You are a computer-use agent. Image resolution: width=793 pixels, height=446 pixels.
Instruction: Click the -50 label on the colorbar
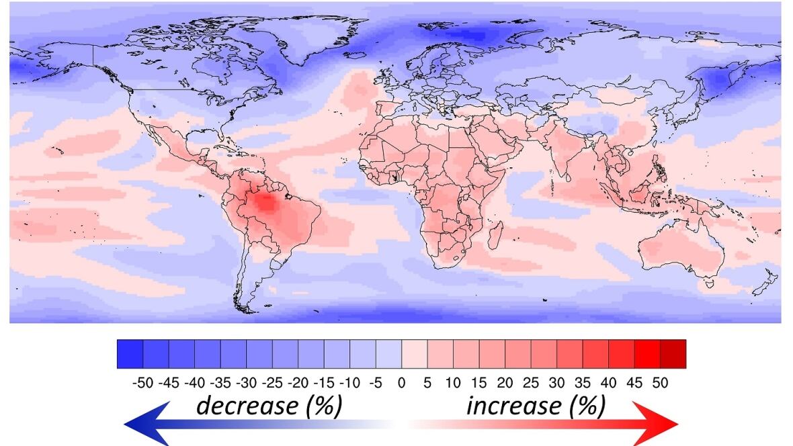tap(142, 383)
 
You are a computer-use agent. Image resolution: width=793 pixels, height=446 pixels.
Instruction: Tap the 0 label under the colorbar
tap(402, 383)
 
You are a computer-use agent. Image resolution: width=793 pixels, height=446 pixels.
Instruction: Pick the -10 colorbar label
tap(349, 383)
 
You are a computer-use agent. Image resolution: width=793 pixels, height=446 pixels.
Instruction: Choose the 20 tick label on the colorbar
tap(505, 383)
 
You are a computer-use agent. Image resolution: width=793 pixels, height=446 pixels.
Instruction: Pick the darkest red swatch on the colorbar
tap(673, 353)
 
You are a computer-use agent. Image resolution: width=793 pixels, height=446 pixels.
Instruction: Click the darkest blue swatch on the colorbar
tap(130, 353)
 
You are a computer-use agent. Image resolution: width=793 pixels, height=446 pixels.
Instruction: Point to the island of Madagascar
tap(496, 236)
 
